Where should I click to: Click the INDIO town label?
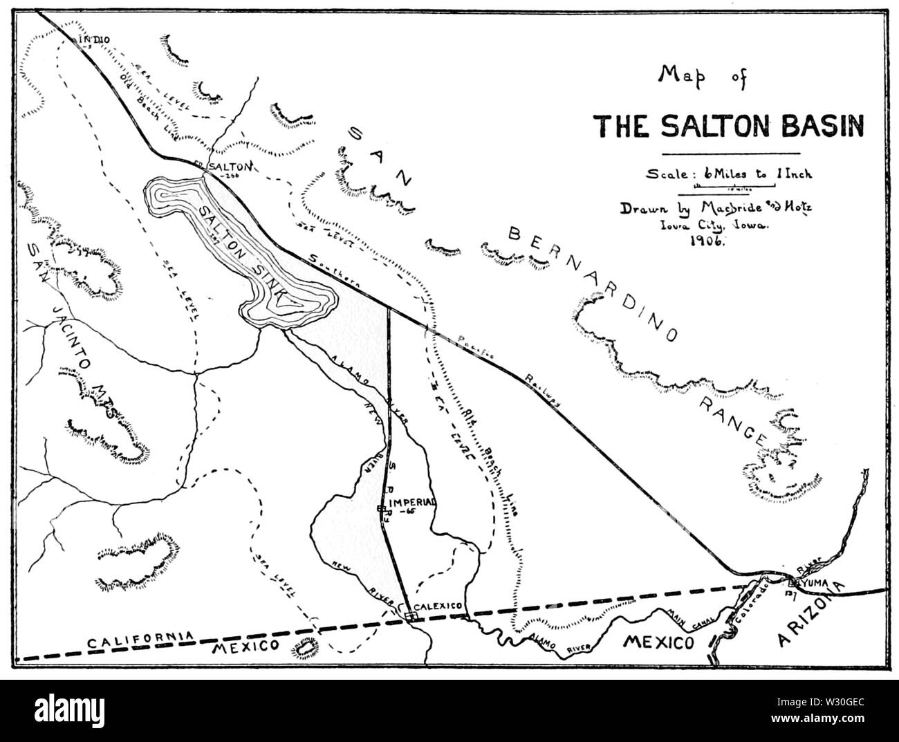click(95, 39)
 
